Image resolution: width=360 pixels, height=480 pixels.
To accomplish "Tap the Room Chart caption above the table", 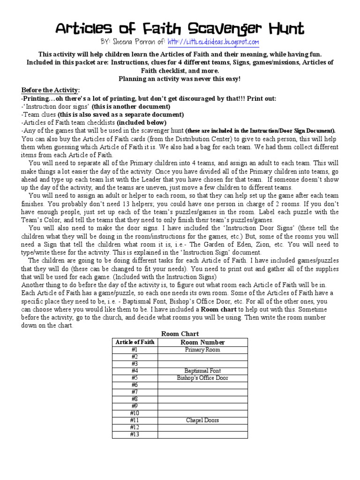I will pos(180,334).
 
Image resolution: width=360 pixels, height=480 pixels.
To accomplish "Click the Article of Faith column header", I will pos(135,342).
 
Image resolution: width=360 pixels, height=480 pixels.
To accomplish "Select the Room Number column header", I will pos(202,342).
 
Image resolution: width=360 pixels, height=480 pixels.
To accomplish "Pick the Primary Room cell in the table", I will pos(202,350).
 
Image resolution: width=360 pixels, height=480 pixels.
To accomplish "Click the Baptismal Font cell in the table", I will pos(202,371).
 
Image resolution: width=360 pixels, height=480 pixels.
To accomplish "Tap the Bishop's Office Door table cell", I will pos(202,378).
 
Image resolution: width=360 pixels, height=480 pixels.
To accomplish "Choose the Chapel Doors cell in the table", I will pos(202,420).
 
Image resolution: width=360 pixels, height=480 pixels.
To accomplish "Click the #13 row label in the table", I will pos(135,434).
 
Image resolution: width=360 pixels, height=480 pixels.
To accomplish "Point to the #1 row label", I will pos(135,350).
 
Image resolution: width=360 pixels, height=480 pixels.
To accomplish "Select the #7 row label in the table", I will pos(135,392).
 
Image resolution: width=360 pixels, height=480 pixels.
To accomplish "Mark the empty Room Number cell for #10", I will pos(202,413).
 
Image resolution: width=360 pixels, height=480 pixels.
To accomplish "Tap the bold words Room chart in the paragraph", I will pos(217,310).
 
